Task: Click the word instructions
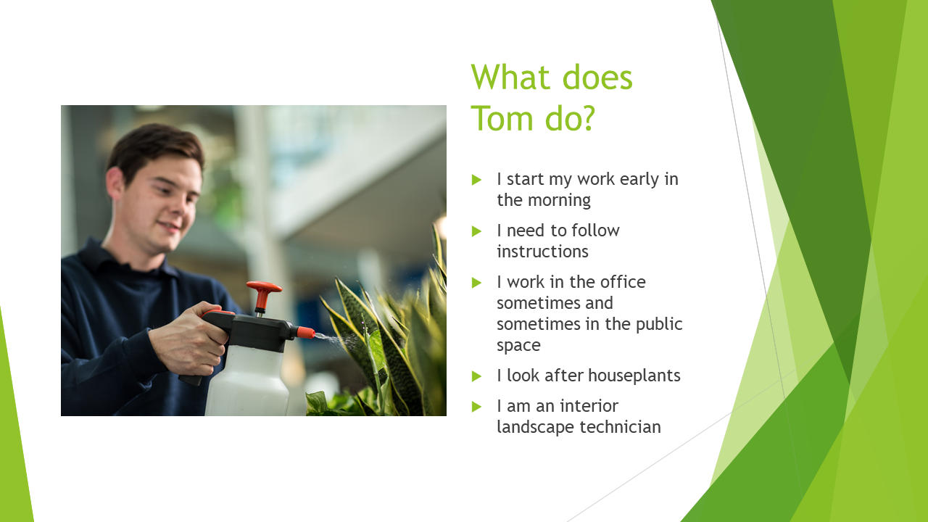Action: (x=543, y=252)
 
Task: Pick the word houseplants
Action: (x=634, y=376)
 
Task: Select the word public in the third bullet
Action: (x=659, y=325)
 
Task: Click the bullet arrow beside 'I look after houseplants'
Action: (x=476, y=376)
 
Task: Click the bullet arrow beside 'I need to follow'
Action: (x=476, y=231)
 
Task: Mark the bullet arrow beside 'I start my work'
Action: (x=476, y=180)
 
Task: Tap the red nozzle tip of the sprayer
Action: (x=306, y=332)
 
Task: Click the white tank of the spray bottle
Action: (x=247, y=381)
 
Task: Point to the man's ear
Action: (x=115, y=183)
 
